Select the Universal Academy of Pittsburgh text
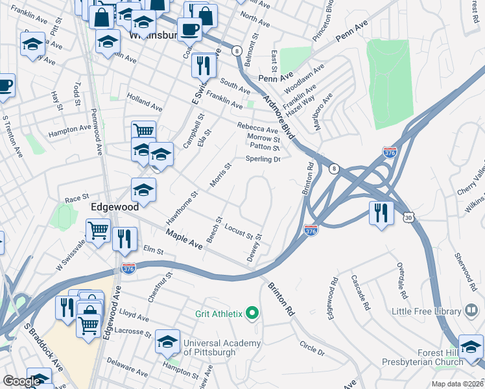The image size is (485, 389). tap(222, 348)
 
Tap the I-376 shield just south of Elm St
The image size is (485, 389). tap(128, 268)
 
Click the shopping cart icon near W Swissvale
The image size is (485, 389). tap(98, 230)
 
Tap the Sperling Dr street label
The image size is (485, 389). tap(262, 159)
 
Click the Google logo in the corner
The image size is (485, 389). tap(21, 381)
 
